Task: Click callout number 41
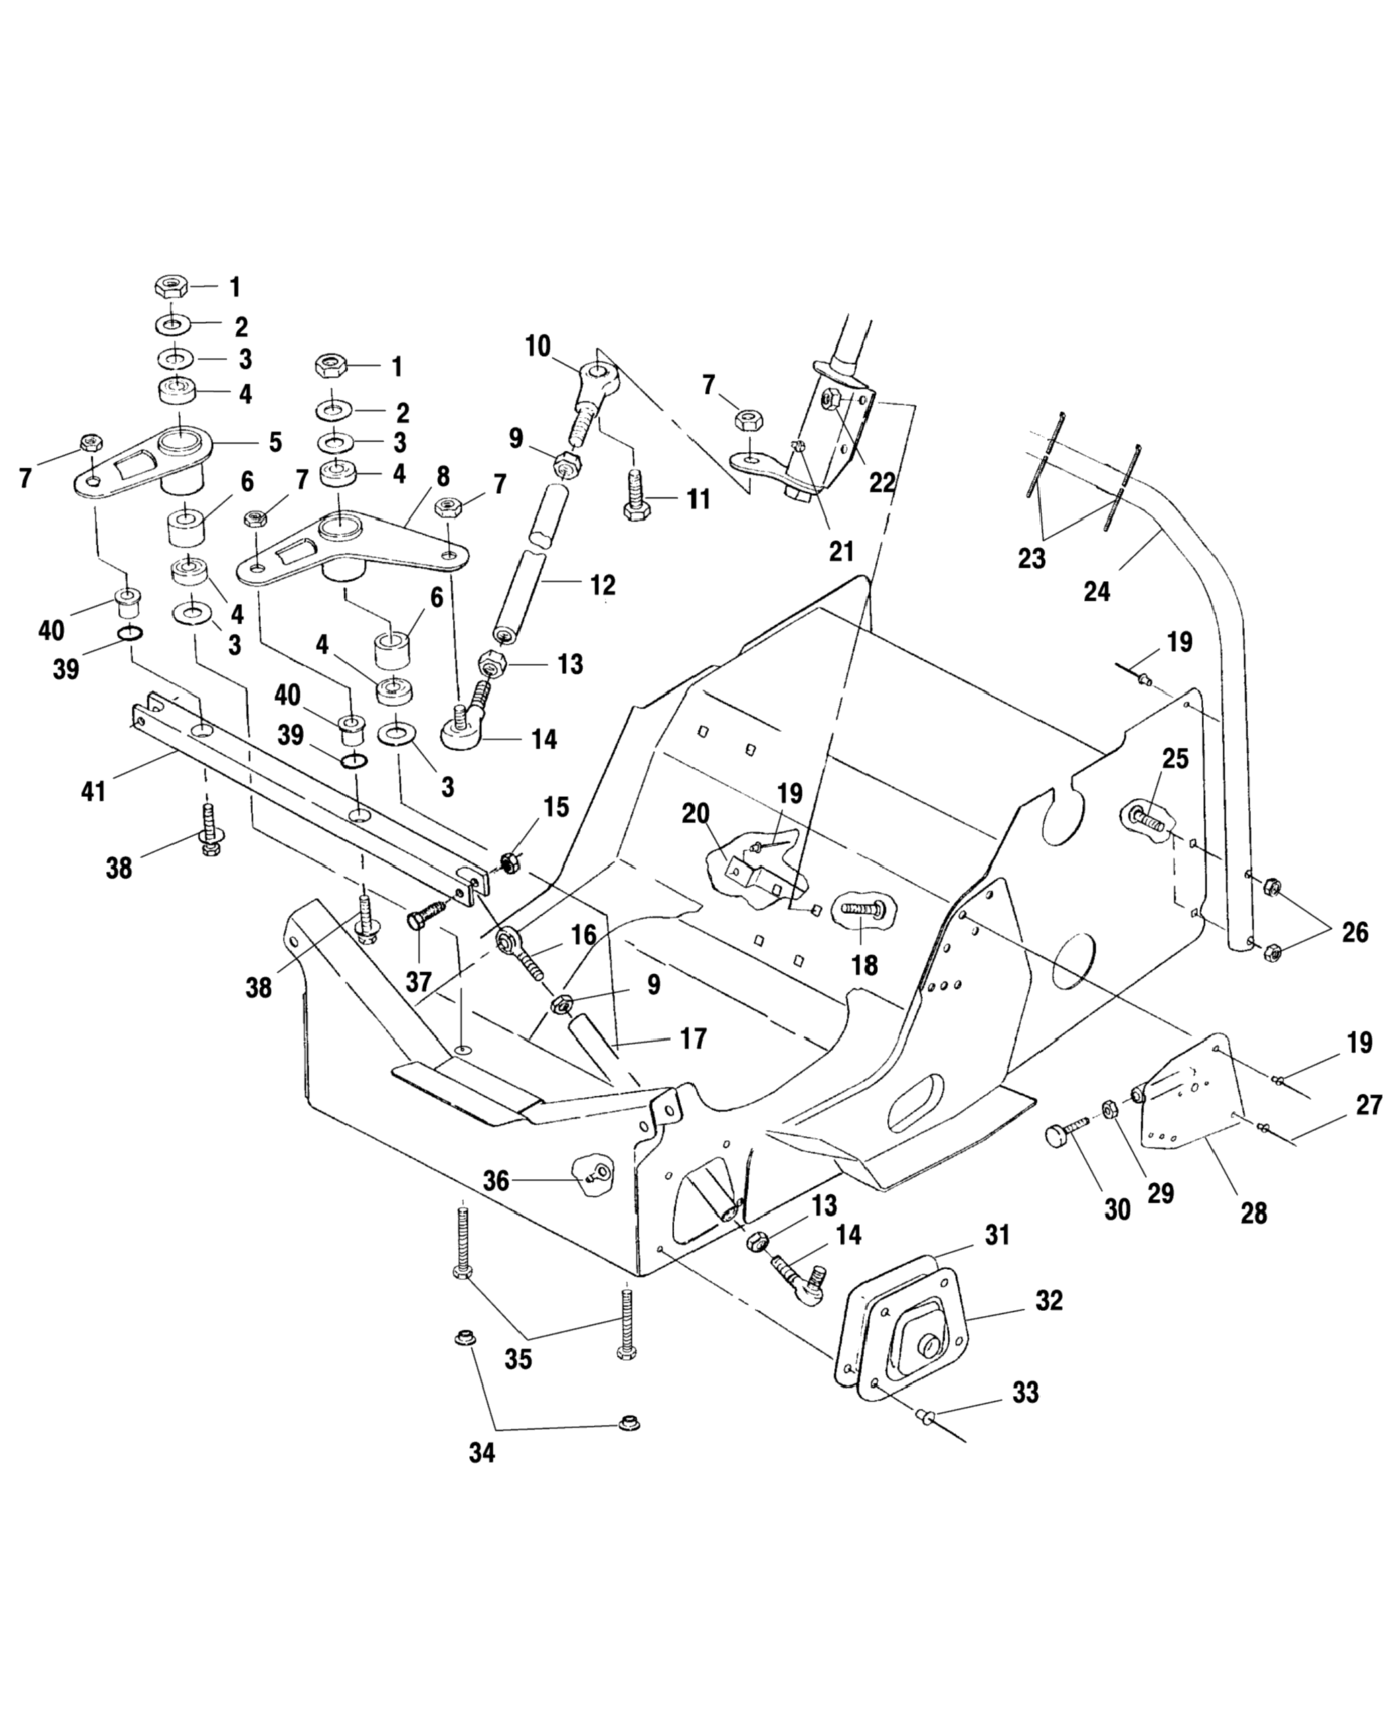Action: click(x=93, y=793)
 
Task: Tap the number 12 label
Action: click(x=603, y=585)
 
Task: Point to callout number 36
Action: click(x=496, y=1181)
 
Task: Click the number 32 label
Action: click(x=1049, y=1300)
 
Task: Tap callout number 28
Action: click(x=1254, y=1214)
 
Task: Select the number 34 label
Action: click(x=481, y=1453)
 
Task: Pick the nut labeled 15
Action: click(x=509, y=862)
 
